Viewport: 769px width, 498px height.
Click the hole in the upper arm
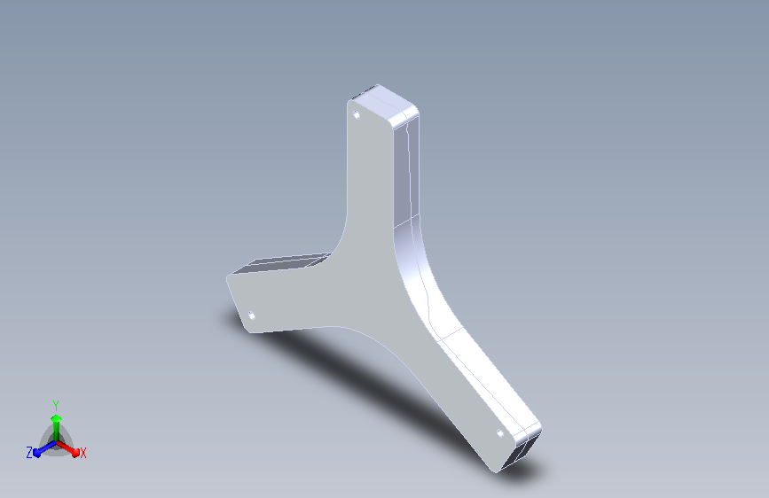[x=357, y=115]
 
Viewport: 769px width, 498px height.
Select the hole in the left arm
[x=252, y=315]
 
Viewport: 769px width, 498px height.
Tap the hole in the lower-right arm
[x=500, y=432]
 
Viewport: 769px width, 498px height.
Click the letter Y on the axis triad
[x=56, y=406]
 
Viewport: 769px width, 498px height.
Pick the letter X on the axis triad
[x=82, y=453]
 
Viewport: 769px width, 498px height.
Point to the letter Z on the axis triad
[x=29, y=453]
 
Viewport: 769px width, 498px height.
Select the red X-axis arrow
[x=67, y=448]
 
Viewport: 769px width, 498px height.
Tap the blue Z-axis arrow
[x=45, y=448]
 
